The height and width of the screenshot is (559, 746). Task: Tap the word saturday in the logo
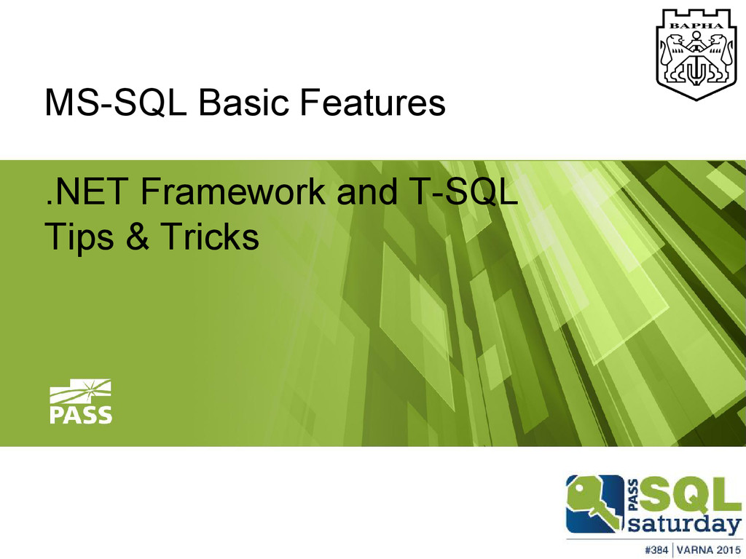(x=683, y=525)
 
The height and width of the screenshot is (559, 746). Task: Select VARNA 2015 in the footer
(x=710, y=548)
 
